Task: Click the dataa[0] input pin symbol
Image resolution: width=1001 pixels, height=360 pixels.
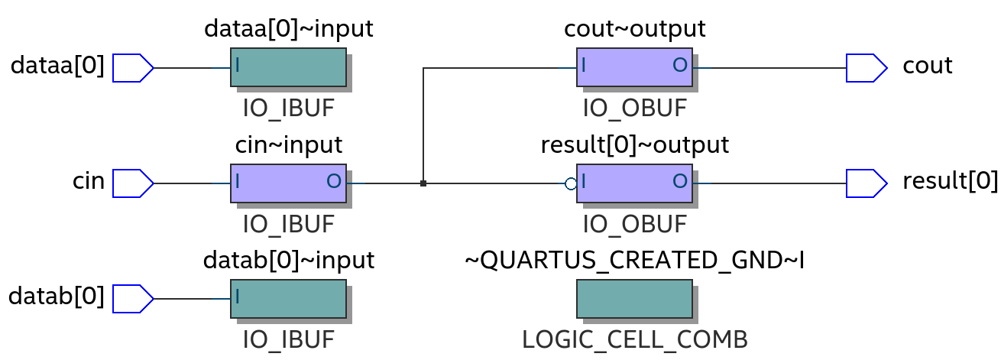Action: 132,68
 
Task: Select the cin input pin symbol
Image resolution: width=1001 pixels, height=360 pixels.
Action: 132,183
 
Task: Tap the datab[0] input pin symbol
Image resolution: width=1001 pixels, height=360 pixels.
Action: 132,299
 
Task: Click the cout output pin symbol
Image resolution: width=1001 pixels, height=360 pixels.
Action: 866,68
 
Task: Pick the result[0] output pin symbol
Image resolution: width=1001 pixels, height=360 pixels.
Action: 866,183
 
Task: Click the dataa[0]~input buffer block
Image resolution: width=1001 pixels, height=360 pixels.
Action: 288,67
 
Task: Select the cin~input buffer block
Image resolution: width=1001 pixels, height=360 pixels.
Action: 288,183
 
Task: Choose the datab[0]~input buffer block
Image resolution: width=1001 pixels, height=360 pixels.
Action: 288,299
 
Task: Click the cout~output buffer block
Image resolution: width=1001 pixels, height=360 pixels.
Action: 634,67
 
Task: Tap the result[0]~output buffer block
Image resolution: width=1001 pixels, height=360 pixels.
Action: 634,183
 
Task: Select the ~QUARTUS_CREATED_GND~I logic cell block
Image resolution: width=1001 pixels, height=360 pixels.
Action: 634,299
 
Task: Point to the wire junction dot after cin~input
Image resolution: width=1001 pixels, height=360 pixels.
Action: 423,183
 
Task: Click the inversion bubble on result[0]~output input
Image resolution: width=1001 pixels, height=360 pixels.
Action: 571,183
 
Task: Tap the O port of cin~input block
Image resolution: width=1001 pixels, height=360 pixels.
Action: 334,182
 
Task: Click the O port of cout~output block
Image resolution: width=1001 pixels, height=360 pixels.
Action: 679,66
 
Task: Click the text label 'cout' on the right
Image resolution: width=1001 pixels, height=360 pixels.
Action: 927,66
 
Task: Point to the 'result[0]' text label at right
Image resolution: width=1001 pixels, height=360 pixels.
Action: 950,181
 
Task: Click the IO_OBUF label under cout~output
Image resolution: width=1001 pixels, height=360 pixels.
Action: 634,108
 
